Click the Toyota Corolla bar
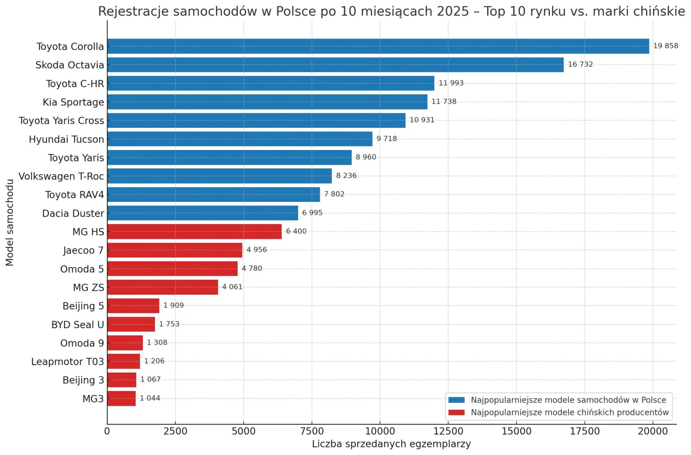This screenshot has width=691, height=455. tap(378, 46)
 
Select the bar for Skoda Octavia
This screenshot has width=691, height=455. tap(335, 65)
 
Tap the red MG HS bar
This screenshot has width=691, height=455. tap(194, 231)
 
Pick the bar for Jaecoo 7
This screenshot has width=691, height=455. tap(175, 250)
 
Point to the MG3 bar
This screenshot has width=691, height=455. tap(121, 399)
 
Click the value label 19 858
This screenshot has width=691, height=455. tap(665, 46)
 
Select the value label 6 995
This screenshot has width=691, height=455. tap(312, 213)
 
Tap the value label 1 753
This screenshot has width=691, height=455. tap(169, 324)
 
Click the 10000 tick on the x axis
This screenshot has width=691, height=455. tap(380, 431)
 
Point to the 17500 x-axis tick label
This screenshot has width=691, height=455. tap(584, 431)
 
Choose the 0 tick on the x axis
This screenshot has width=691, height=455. tap(107, 431)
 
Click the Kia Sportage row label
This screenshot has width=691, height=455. tap(73, 102)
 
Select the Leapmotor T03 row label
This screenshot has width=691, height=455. tap(68, 362)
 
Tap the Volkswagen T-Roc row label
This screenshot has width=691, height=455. tap(61, 176)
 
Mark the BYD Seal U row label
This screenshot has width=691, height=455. tap(77, 325)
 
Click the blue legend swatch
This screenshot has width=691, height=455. tap(457, 400)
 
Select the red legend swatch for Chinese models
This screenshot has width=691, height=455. tap(457, 413)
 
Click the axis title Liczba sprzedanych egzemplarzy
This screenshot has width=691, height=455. tap(391, 444)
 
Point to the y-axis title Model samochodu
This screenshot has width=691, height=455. tap(10, 223)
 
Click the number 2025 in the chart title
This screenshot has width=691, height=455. tap(449, 11)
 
